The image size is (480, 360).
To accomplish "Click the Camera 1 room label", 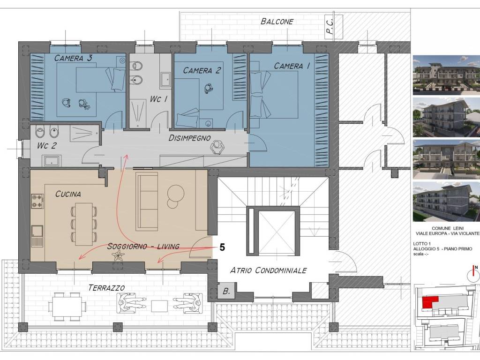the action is (292, 66).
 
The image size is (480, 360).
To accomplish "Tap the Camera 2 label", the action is (202, 70).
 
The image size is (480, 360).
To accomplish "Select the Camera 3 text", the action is (73, 58).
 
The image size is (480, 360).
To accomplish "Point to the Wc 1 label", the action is (158, 99).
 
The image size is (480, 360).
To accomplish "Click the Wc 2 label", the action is (47, 145).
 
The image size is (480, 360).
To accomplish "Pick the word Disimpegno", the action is (189, 138).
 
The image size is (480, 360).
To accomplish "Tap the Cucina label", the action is (68, 194).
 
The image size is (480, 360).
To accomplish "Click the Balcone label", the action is (277, 22).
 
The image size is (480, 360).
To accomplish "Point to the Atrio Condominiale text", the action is (268, 270).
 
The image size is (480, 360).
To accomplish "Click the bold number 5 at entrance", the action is (222, 247).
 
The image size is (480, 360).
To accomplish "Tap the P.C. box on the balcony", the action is (334, 27).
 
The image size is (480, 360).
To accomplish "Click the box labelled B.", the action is (226, 291).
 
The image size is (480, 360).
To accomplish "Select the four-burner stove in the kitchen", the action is (37, 201).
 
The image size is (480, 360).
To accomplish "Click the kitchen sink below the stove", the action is (37, 236).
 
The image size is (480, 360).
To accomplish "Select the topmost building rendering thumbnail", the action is (446, 75).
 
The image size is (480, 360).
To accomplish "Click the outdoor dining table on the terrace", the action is (67, 307).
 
